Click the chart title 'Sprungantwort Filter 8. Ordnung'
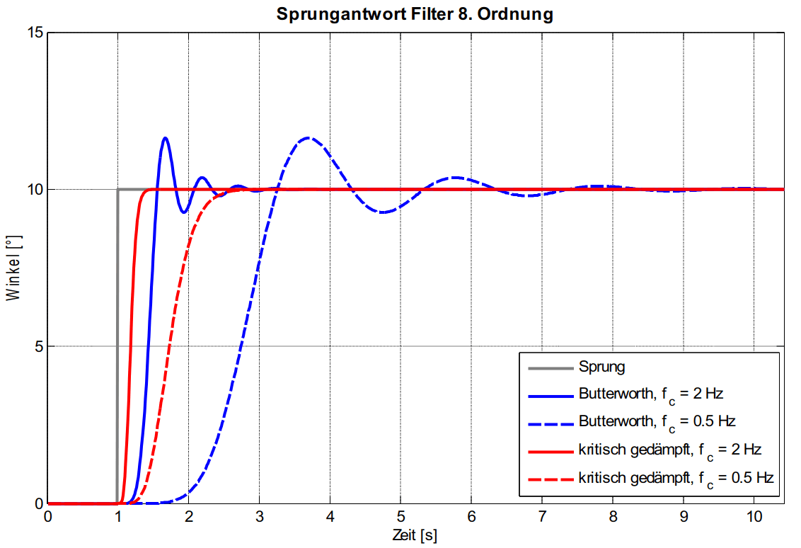(415, 13)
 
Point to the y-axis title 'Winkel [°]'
(13, 268)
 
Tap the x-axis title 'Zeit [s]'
(415, 535)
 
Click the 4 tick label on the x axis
(330, 516)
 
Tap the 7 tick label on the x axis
(542, 516)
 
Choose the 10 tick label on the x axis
(754, 516)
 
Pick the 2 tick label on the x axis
(189, 516)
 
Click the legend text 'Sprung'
(601, 367)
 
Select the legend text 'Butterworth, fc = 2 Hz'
(651, 394)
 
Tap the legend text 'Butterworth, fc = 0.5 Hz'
(657, 422)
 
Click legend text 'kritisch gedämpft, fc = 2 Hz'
(669, 451)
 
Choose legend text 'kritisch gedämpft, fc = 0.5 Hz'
(676, 479)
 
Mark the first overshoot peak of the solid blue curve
(165, 138)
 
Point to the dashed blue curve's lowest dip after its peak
(382, 212)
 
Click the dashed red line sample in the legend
(551, 480)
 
